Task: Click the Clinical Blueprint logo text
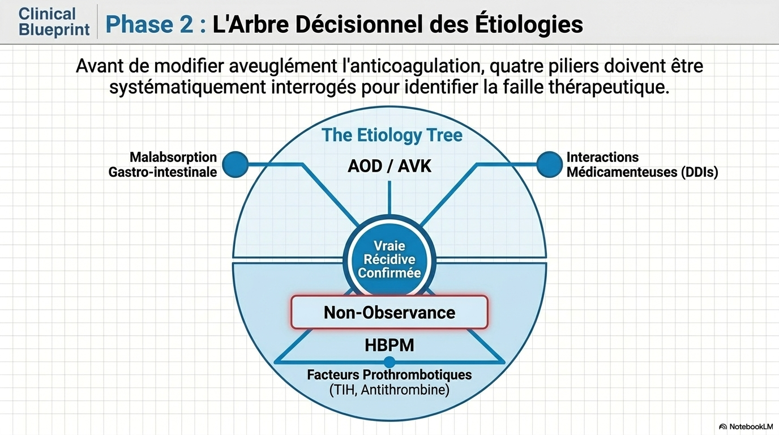tap(54, 22)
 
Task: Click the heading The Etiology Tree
tap(392, 135)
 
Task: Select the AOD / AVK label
tap(389, 166)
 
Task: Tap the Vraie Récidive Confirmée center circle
tap(389, 259)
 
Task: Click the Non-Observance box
tap(389, 312)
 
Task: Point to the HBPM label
tap(389, 344)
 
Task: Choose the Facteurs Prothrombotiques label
tap(389, 375)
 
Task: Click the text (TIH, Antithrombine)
tap(389, 390)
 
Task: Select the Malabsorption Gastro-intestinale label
tap(162, 164)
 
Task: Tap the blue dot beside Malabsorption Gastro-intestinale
tap(236, 164)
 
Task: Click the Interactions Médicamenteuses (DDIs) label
tap(642, 165)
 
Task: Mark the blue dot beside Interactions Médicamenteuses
tap(549, 164)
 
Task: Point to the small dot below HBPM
tap(389, 362)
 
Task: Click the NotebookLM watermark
tap(746, 426)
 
